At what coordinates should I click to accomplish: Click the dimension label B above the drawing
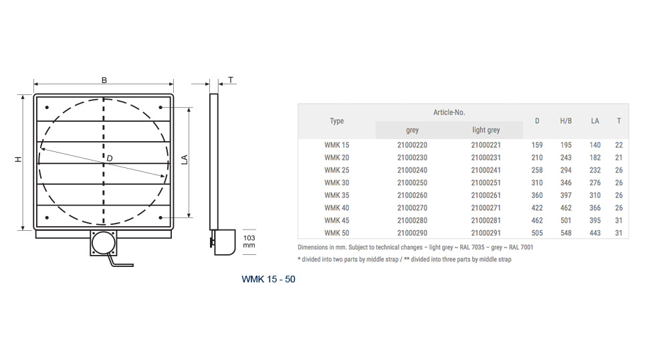(104, 80)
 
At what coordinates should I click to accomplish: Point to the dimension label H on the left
(18, 159)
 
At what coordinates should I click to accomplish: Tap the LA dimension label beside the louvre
(185, 159)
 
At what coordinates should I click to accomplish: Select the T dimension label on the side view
(231, 80)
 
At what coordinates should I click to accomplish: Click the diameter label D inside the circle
(110, 158)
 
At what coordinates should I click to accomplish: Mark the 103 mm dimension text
(249, 242)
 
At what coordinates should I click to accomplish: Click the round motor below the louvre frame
(103, 243)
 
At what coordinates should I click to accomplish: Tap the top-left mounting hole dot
(47, 107)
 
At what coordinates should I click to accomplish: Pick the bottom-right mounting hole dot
(160, 217)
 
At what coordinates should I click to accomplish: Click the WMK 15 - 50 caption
(268, 279)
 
